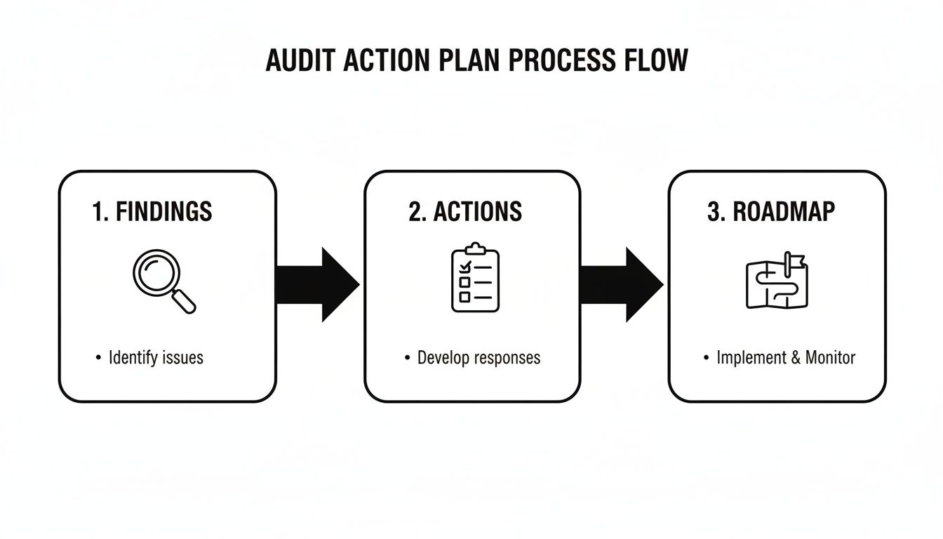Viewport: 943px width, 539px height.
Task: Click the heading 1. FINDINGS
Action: (x=152, y=211)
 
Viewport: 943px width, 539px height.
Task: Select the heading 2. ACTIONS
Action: (x=465, y=211)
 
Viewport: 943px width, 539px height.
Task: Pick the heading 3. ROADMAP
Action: (x=771, y=211)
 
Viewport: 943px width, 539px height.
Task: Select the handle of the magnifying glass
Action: (x=185, y=302)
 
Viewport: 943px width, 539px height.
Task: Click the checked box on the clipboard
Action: (x=464, y=267)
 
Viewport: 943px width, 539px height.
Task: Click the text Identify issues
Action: (x=156, y=357)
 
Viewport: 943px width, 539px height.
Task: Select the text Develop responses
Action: (x=479, y=357)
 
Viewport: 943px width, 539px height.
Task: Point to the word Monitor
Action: (x=830, y=357)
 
